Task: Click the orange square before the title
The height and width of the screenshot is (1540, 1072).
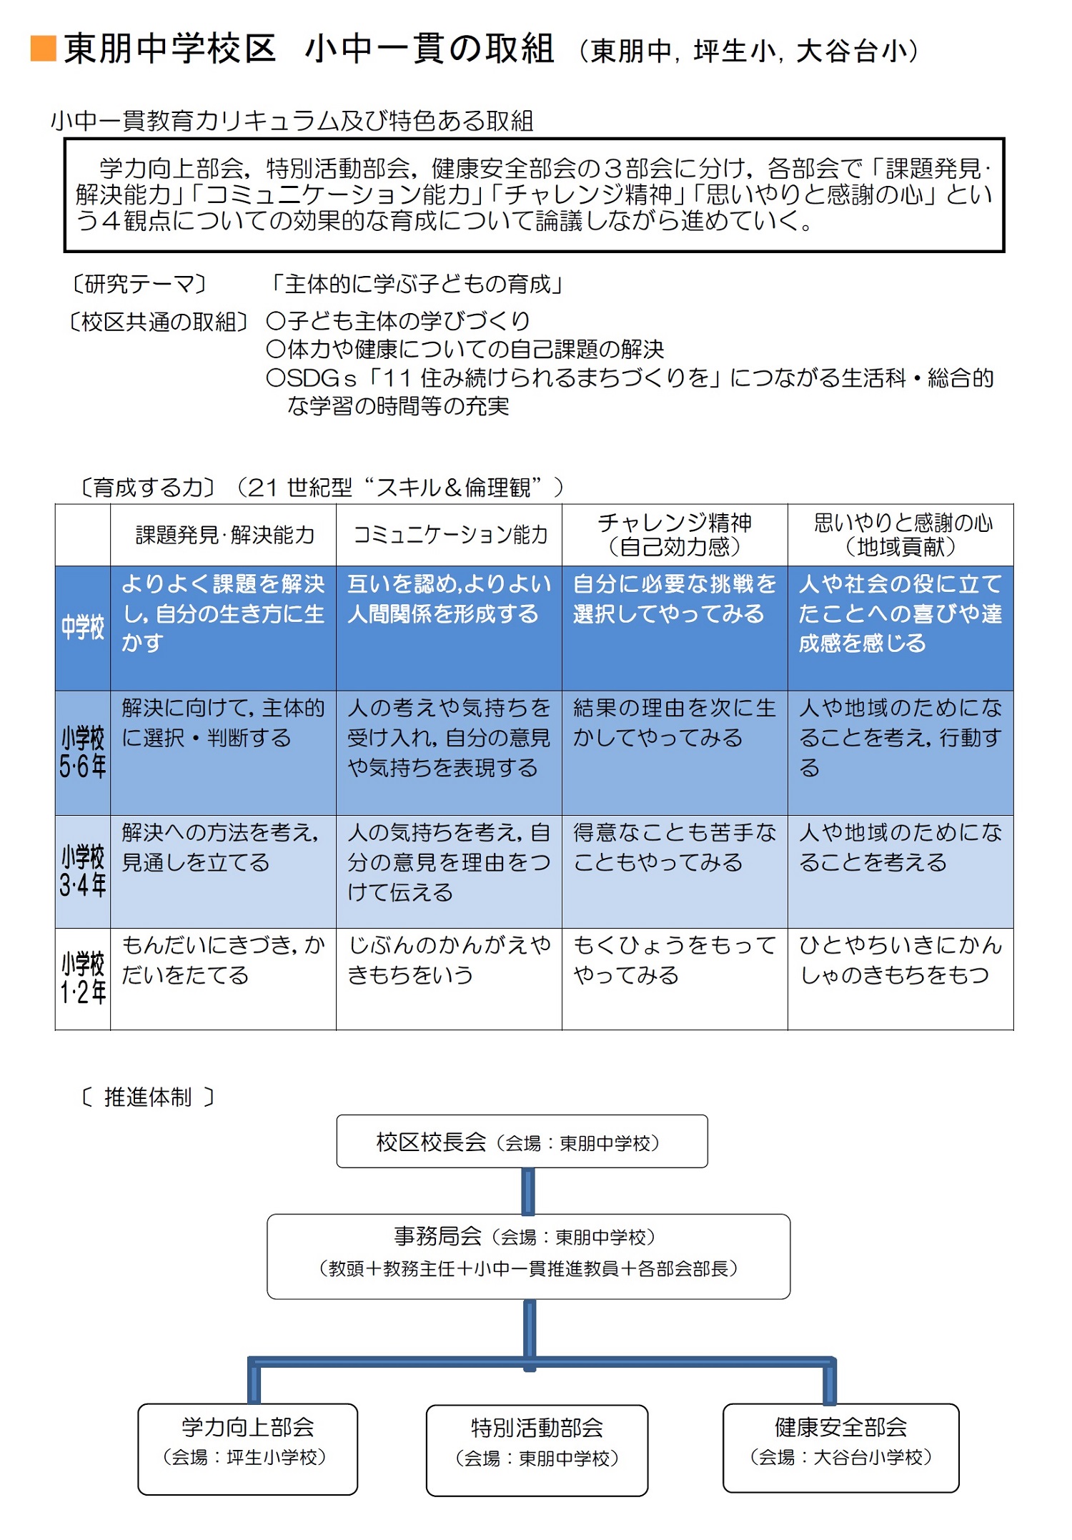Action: point(44,49)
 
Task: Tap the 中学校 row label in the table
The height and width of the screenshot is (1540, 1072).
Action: point(83,628)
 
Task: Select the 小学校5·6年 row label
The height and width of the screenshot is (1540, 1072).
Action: point(83,752)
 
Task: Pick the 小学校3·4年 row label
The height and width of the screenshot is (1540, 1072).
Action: point(83,871)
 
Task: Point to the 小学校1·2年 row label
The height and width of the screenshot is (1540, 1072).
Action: point(83,978)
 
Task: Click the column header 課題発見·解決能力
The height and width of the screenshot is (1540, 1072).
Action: point(224,535)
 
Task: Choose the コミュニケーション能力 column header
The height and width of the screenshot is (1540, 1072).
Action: point(450,535)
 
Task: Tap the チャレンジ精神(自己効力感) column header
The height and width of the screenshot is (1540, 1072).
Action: point(675,535)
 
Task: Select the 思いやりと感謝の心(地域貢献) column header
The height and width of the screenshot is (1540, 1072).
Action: point(900,535)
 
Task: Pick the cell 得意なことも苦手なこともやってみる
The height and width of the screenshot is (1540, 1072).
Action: point(675,848)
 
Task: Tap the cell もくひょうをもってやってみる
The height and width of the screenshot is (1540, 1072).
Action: point(675,960)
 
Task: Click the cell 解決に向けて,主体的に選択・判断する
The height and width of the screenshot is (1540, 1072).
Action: point(223,723)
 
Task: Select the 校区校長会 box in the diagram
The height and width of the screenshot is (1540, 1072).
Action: point(522,1142)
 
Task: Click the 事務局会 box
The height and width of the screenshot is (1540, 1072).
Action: point(528,1256)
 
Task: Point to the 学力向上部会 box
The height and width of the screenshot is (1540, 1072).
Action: point(247,1449)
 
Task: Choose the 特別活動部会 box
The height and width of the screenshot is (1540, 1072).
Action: point(537,1450)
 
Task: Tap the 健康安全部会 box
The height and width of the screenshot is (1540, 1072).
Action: point(840,1448)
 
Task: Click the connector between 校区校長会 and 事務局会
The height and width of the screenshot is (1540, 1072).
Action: point(528,1191)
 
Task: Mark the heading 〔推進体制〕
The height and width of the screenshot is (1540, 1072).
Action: point(147,1097)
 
